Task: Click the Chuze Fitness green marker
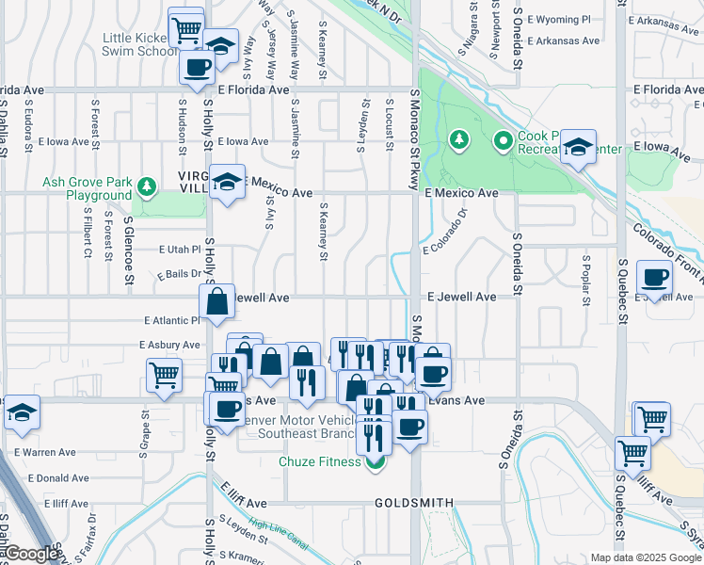pyautogui.click(x=376, y=461)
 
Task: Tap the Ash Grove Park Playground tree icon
pyautogui.click(x=146, y=186)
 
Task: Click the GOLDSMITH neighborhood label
pyautogui.click(x=414, y=503)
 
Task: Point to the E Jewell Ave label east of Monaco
pyautogui.click(x=461, y=297)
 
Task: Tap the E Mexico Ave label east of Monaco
pyautogui.click(x=460, y=192)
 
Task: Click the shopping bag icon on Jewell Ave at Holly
pyautogui.click(x=216, y=302)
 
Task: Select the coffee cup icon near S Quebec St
pyautogui.click(x=654, y=277)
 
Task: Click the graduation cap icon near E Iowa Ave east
pyautogui.click(x=578, y=147)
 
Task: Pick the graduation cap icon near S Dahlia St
pyautogui.click(x=22, y=412)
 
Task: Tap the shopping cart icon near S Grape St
pyautogui.click(x=165, y=375)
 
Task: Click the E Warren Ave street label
pyautogui.click(x=45, y=452)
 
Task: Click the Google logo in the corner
pyautogui.click(x=31, y=554)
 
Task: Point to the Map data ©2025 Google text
pyautogui.click(x=645, y=557)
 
